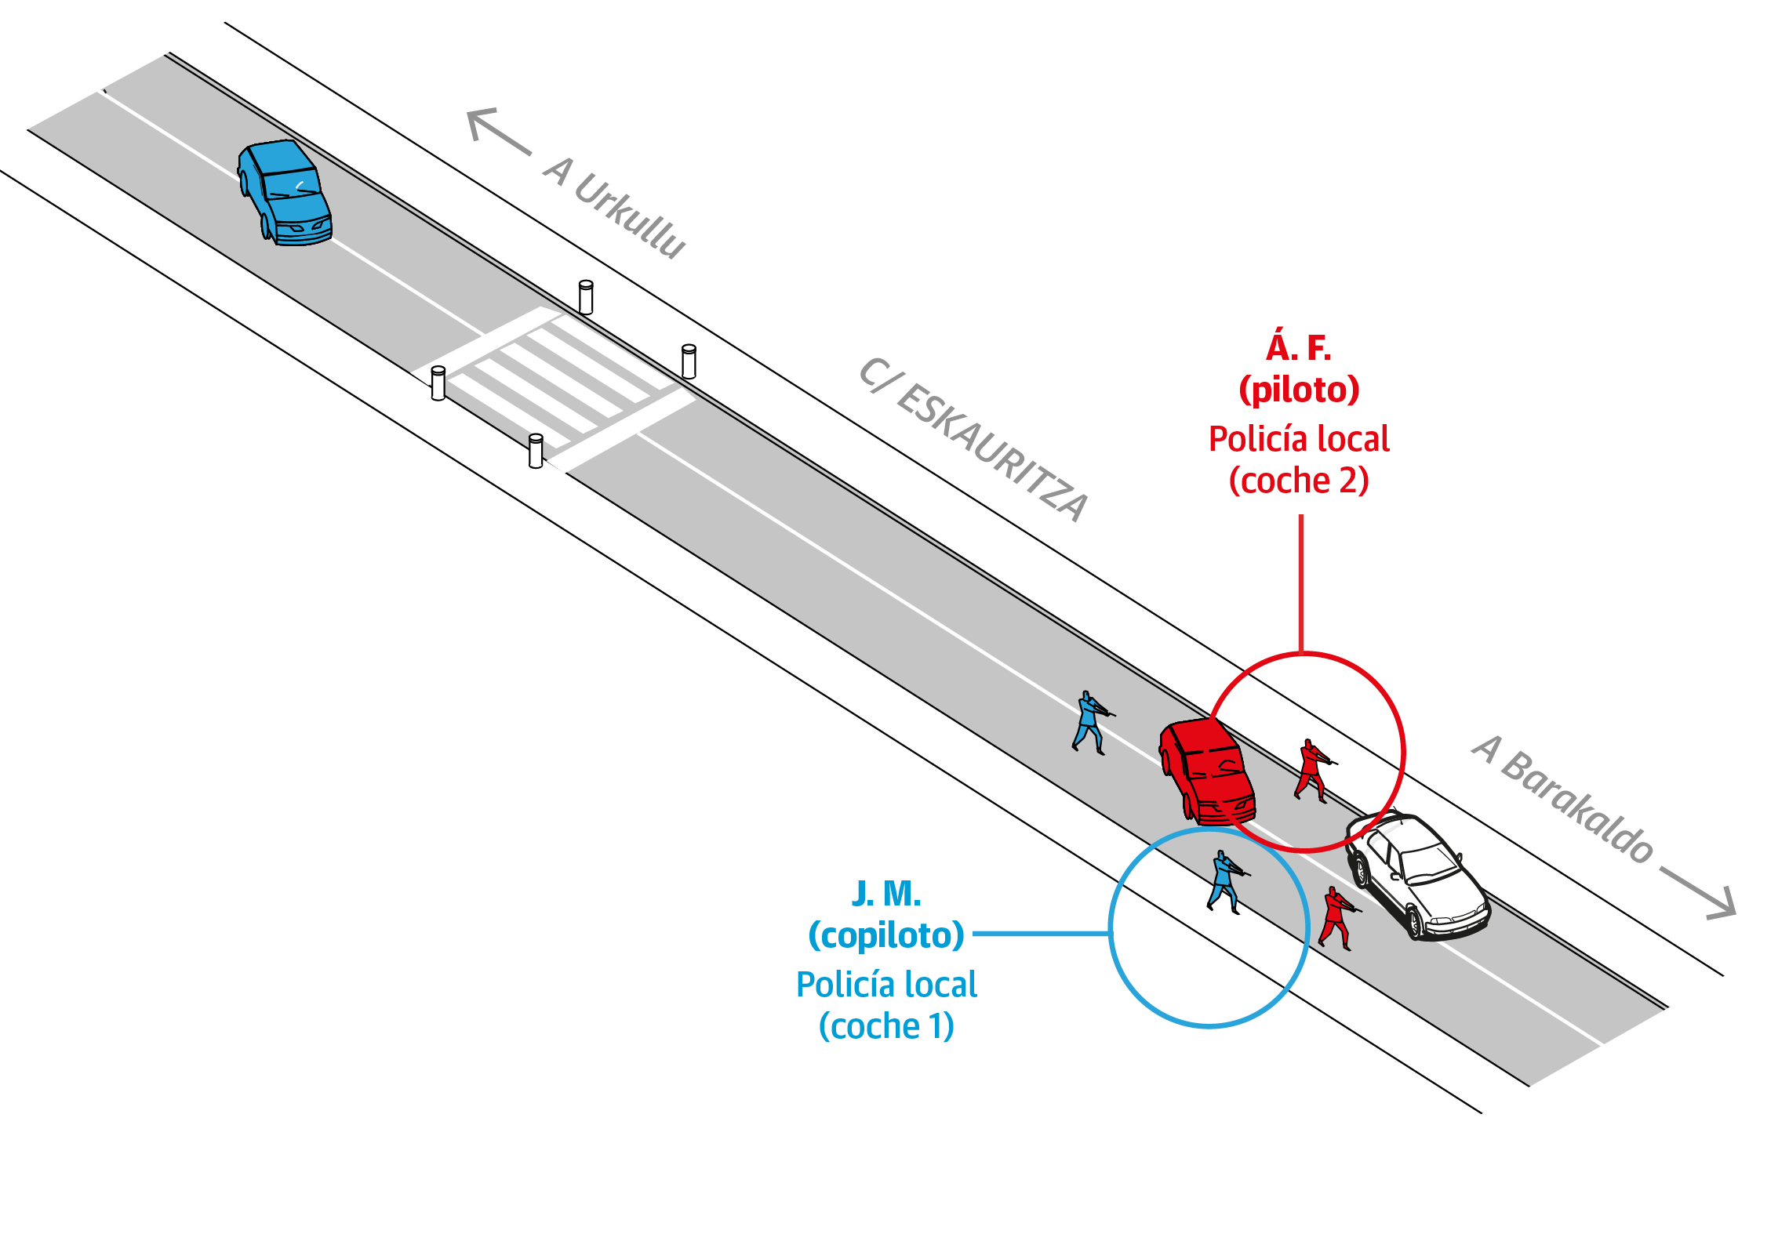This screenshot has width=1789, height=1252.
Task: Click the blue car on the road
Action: tap(285, 193)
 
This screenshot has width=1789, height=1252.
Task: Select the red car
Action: tap(1208, 771)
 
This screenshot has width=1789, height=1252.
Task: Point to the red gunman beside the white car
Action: tap(1336, 916)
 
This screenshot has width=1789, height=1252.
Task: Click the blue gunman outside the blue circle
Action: tap(1089, 722)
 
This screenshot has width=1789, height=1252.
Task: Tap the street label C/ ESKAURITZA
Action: tap(973, 440)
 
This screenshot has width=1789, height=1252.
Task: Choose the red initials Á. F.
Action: tap(1298, 347)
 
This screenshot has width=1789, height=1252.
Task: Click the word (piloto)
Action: tap(1299, 390)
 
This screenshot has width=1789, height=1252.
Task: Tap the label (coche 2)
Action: tap(1299, 481)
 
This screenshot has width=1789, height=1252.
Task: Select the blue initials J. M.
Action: tap(886, 893)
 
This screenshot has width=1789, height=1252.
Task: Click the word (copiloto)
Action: tap(886, 935)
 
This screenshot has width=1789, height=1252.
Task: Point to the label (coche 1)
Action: tap(886, 1026)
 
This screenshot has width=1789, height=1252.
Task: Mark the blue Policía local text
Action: tap(886, 985)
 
